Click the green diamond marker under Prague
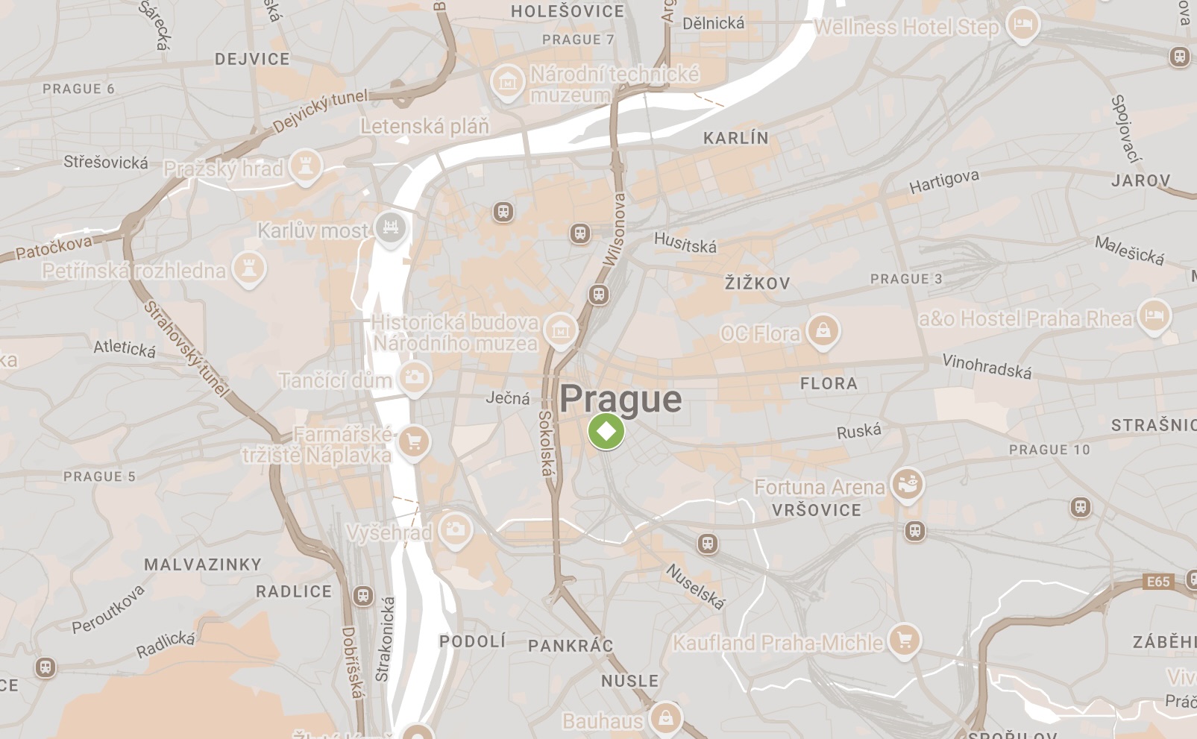tap(606, 431)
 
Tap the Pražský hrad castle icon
tap(304, 165)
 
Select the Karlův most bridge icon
tap(390, 226)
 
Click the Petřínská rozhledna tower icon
tap(248, 268)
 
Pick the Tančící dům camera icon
tap(415, 377)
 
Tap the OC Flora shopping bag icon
tap(823, 330)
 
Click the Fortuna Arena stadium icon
tap(907, 484)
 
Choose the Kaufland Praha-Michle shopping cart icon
tap(904, 639)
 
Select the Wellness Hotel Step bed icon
tap(1022, 24)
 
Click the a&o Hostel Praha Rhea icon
tap(1154, 315)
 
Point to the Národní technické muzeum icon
tap(508, 81)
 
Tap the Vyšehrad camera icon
tap(454, 529)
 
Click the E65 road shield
tap(1158, 582)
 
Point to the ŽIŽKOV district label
tap(757, 283)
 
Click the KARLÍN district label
tap(735, 138)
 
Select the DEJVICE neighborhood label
tap(252, 60)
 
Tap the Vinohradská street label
tap(987, 366)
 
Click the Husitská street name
tap(685, 242)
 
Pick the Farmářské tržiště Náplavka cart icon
tap(414, 442)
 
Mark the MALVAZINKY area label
tap(203, 565)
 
